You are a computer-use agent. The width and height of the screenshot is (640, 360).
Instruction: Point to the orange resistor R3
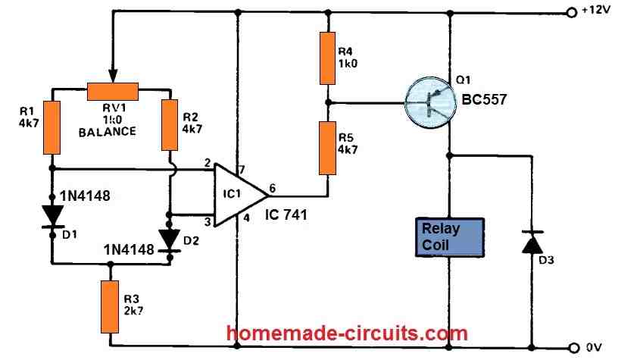point(111,303)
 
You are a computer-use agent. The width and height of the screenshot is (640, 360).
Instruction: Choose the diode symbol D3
point(529,243)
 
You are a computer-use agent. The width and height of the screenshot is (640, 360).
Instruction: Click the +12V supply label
point(601,12)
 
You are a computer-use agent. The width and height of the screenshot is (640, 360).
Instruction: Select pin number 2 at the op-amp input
point(206,162)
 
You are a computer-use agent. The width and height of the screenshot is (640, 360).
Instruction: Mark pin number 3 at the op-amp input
point(206,222)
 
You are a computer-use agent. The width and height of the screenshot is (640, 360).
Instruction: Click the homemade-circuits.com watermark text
point(348,333)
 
